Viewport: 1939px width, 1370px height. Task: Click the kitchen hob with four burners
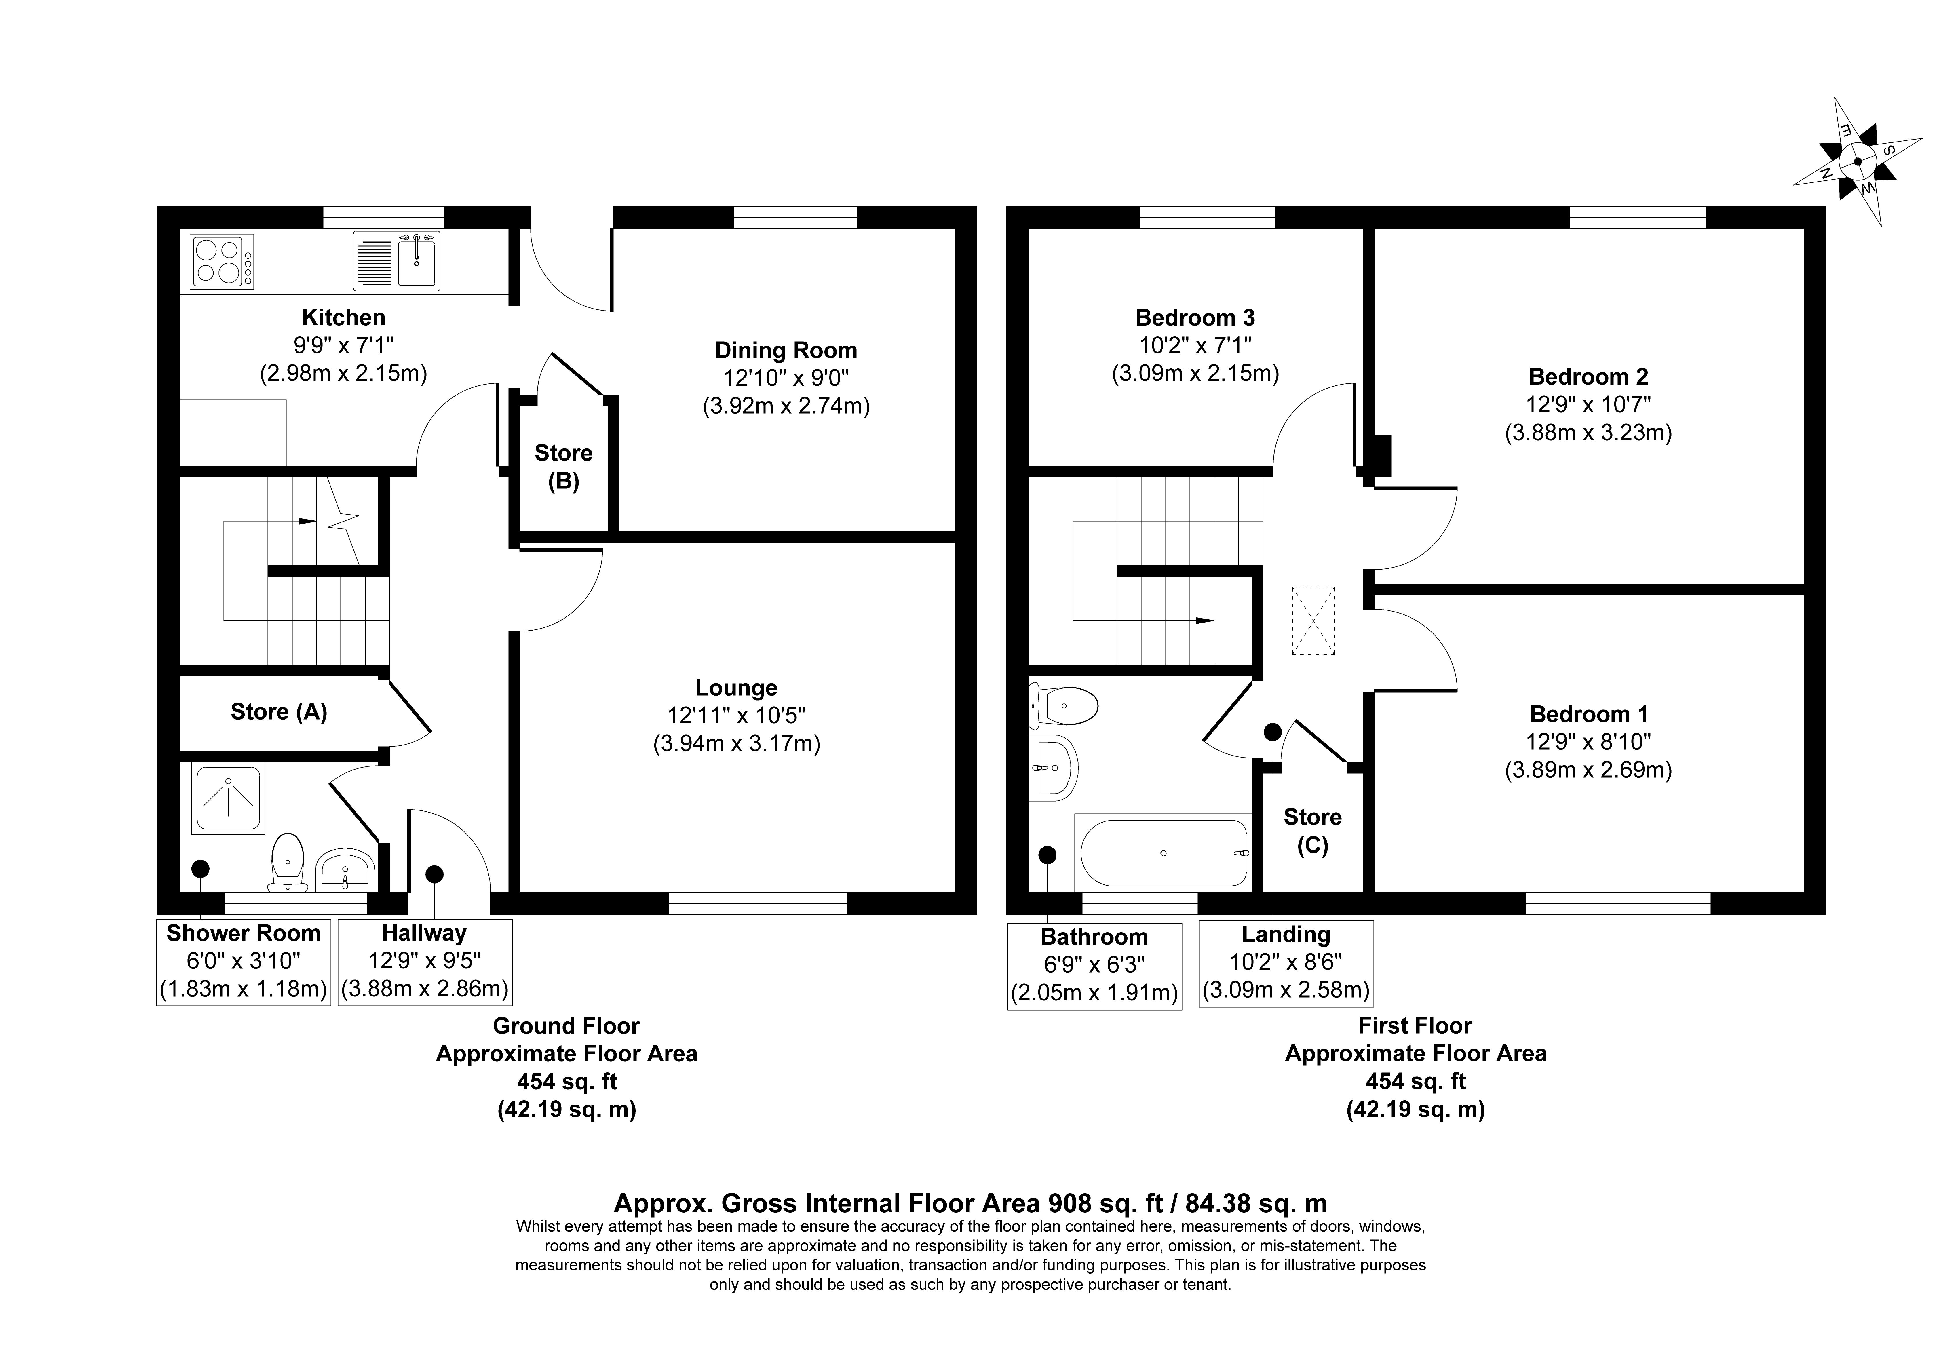click(223, 261)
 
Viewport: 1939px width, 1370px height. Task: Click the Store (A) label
click(279, 712)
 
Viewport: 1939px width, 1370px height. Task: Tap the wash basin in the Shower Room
click(345, 870)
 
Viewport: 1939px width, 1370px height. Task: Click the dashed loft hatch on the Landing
click(1313, 621)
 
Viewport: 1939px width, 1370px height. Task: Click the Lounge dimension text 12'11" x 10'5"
click(736, 716)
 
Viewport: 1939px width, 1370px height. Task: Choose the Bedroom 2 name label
click(1588, 377)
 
